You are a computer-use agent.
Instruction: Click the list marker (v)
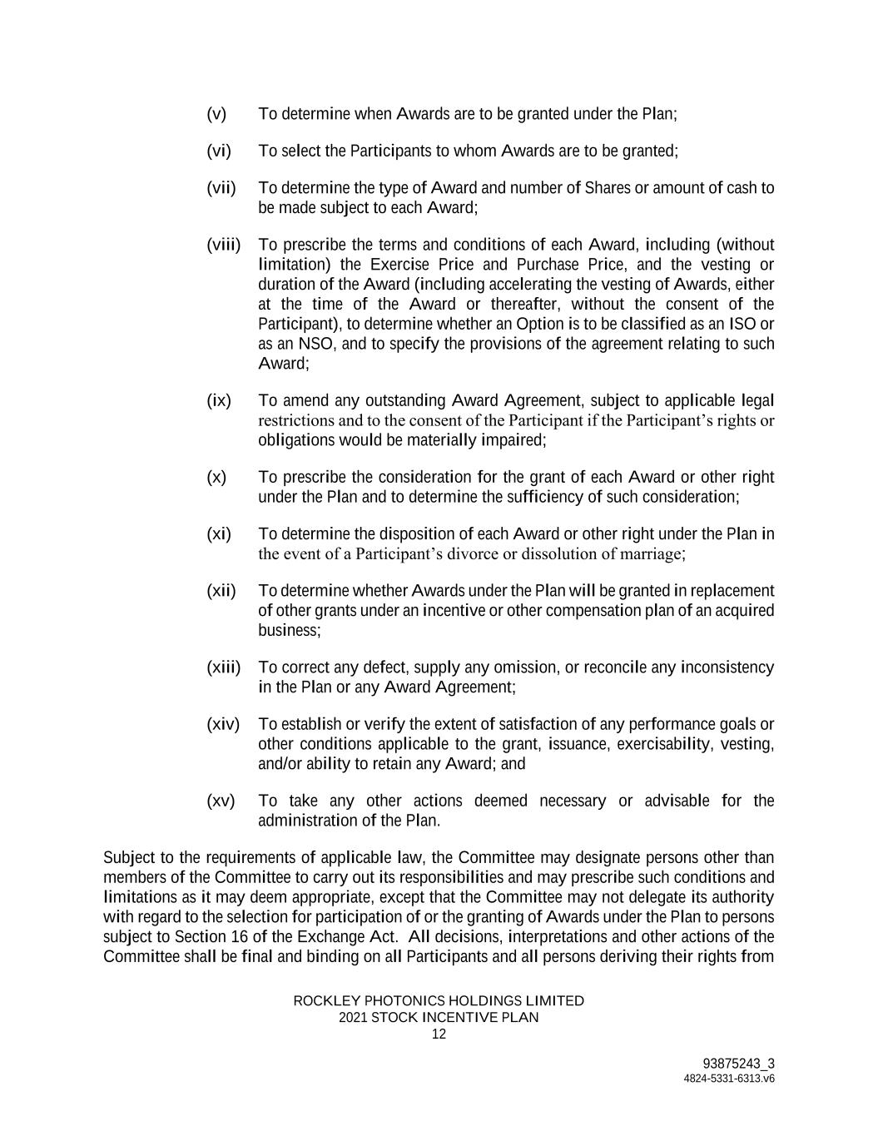[216, 113]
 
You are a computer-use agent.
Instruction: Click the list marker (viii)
[223, 245]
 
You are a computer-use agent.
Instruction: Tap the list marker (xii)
[221, 591]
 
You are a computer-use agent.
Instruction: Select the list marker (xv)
[221, 801]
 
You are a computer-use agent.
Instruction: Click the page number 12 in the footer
[439, 1034]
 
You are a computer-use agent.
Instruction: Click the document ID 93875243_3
[738, 1064]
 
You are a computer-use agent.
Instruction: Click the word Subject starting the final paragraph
[128, 858]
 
